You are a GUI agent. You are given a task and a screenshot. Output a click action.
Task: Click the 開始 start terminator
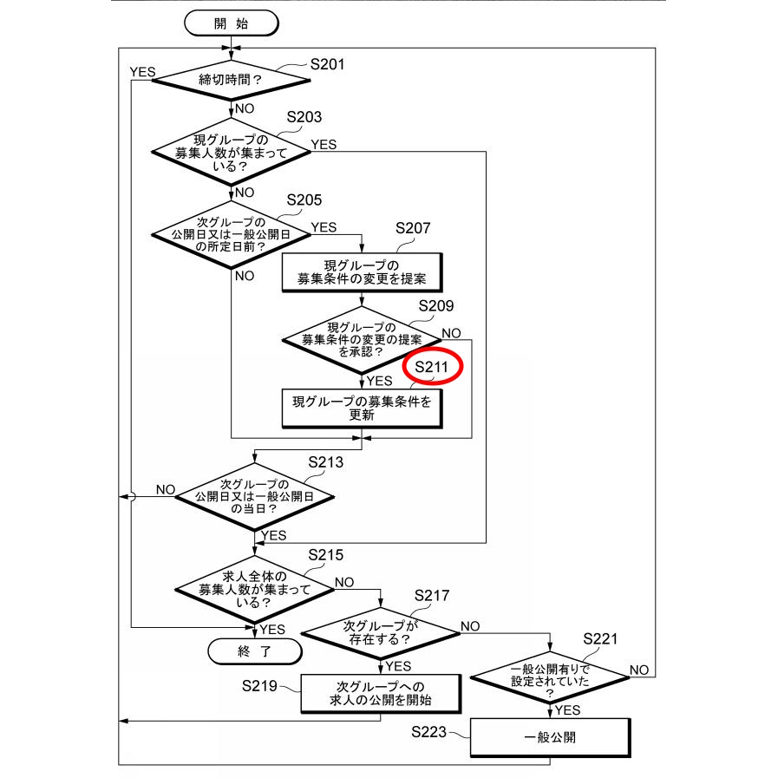point(230,23)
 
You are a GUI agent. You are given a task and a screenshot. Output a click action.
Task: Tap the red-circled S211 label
point(432,368)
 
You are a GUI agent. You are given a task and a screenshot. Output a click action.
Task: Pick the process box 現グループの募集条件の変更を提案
point(361,271)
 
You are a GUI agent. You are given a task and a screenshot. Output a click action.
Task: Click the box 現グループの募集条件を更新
point(361,408)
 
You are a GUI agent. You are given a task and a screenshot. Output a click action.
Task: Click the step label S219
point(259,687)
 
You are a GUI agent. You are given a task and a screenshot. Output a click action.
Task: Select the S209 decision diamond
point(362,339)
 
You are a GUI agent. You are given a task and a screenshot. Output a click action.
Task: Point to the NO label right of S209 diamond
point(451,333)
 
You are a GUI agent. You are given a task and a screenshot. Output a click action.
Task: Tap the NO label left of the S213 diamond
point(166,489)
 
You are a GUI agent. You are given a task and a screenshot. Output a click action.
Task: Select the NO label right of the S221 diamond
point(639,670)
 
